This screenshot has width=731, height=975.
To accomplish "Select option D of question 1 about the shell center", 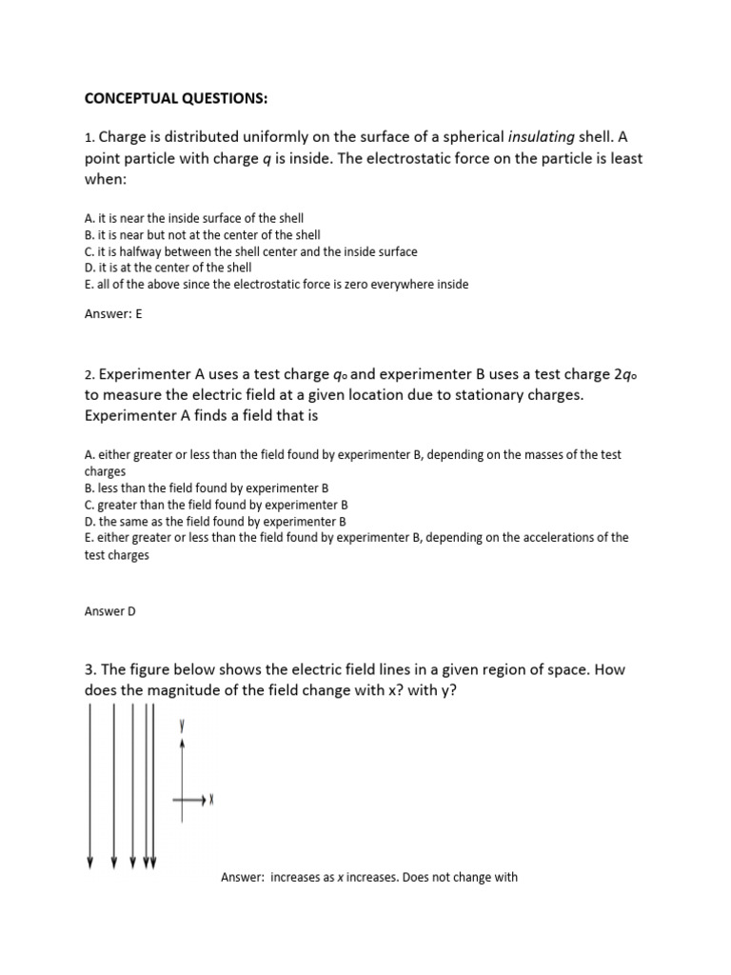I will click(x=168, y=268).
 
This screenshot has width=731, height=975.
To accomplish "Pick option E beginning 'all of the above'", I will click(x=276, y=284).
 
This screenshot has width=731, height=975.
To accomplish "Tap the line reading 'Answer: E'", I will click(x=113, y=315).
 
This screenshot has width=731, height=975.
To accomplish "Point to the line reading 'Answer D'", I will click(x=110, y=611).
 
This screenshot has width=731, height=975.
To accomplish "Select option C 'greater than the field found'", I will click(x=216, y=504).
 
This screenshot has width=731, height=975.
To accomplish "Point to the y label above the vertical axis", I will click(x=182, y=726).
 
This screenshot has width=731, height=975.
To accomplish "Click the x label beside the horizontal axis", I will click(x=210, y=801).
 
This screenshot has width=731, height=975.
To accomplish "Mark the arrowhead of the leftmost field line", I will click(x=90, y=863).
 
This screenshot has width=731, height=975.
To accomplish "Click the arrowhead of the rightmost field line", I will click(x=152, y=863).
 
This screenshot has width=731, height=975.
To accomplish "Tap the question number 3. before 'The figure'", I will click(x=90, y=670).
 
